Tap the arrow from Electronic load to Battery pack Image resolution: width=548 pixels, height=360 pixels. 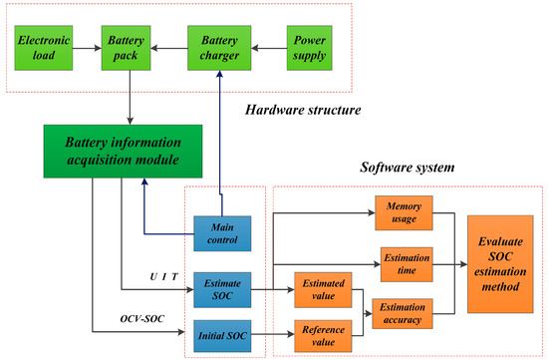[87, 46]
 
